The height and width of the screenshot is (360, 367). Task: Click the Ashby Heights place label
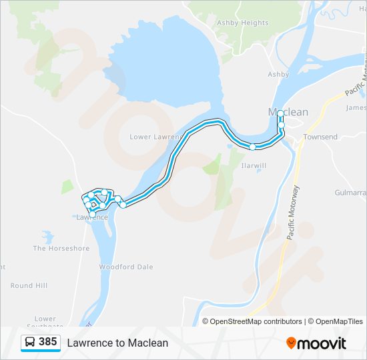pyautogui.click(x=243, y=23)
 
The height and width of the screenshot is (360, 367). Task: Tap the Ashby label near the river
pyautogui.click(x=278, y=75)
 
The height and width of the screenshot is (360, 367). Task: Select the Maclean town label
pyautogui.click(x=288, y=112)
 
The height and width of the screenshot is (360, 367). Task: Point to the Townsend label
pyautogui.click(x=320, y=137)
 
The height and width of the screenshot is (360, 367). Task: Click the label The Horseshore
pyautogui.click(x=61, y=249)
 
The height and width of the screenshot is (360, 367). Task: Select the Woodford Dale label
pyautogui.click(x=126, y=267)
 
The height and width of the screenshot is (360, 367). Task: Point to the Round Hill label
pyautogui.click(x=29, y=285)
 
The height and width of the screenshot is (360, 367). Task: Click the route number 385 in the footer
pyautogui.click(x=48, y=342)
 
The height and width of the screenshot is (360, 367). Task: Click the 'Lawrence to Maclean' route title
pyautogui.click(x=117, y=343)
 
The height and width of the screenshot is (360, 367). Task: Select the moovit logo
pyautogui.click(x=316, y=343)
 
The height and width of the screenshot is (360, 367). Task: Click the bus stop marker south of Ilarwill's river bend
pyautogui.click(x=253, y=147)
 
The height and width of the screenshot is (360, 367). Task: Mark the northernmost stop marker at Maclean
pyautogui.click(x=281, y=114)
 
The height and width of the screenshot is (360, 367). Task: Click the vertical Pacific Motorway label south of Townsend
pyautogui.click(x=292, y=212)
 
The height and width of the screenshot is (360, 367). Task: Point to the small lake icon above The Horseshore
pyautogui.click(x=47, y=237)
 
